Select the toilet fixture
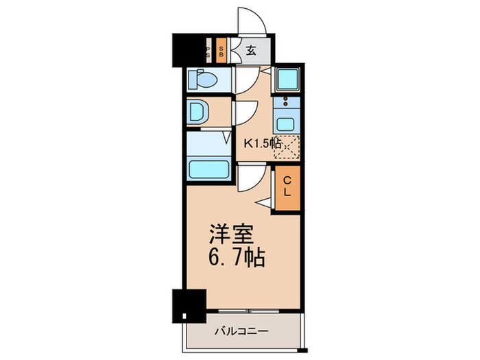point(203,80)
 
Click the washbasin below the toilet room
point(198,111)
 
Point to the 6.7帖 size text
point(233,259)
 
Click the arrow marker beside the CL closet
point(265,200)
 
